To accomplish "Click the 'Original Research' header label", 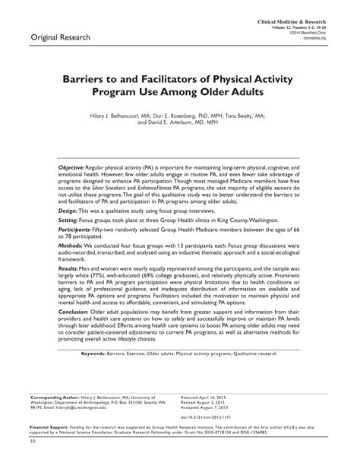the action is [61, 36].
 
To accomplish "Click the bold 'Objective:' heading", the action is [74, 165].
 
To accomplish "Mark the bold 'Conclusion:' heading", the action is [75, 333].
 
